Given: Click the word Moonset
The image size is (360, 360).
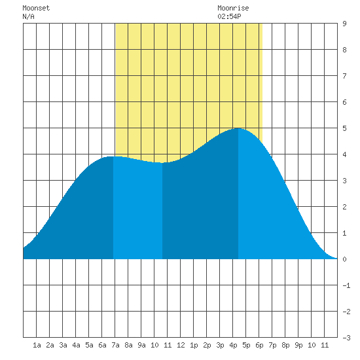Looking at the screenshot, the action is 36,8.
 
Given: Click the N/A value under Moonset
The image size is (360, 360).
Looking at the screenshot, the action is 28,16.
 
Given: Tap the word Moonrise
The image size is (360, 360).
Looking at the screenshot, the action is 233,8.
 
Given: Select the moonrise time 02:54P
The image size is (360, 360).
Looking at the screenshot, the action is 229,16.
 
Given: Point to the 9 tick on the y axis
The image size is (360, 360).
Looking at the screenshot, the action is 344,24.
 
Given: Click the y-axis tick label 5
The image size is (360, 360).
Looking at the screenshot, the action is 344,128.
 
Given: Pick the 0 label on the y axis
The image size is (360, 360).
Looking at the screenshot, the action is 344,259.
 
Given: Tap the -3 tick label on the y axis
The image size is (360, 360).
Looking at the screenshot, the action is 346,338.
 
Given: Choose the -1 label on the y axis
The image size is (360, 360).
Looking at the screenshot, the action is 346,285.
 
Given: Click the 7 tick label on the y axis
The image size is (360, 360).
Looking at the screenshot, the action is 344,76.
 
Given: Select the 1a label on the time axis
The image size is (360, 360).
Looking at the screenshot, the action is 37,345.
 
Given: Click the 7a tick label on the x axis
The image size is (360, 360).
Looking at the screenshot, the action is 115,345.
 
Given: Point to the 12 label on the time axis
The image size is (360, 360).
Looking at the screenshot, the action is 181,345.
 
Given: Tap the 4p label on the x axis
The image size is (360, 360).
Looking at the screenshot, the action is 233,345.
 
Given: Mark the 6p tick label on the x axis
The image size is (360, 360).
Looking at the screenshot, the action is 259,345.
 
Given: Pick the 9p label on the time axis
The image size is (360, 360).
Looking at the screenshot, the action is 298,345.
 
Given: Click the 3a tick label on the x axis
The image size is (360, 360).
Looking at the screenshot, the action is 63,345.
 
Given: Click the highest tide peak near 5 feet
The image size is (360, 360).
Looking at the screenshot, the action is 238,128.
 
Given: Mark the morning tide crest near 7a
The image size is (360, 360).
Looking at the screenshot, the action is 113,156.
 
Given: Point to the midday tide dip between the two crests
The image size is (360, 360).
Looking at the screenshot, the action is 162,163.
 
